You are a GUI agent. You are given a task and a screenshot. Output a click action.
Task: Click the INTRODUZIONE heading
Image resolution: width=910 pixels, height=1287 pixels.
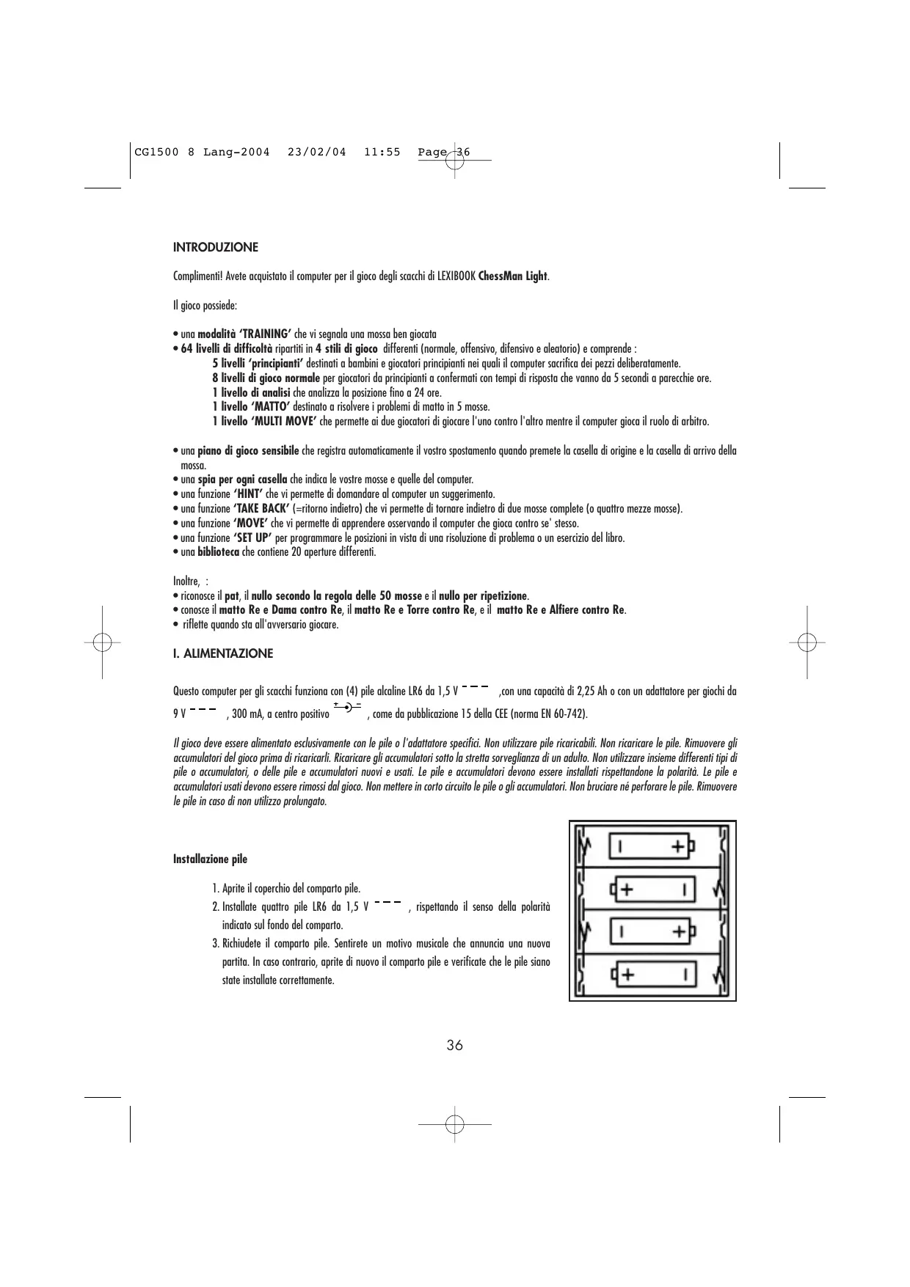pos(216,247)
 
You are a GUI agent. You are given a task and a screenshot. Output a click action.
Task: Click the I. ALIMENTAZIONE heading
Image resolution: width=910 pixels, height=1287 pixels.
pos(223,653)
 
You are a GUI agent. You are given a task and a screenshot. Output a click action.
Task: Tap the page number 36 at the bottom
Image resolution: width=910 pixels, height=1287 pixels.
pos(454,1045)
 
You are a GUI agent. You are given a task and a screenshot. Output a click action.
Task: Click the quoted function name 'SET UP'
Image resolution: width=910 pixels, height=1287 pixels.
pos(252,538)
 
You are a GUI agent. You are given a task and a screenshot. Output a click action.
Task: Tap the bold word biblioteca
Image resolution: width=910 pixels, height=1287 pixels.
pos(219,552)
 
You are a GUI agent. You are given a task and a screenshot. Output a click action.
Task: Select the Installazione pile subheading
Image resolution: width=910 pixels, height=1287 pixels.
pos(210,859)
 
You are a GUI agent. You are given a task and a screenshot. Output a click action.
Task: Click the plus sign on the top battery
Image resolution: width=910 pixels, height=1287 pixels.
pos(680,847)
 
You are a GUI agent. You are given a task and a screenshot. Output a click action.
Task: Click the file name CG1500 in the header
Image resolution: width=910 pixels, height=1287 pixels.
pos(155,153)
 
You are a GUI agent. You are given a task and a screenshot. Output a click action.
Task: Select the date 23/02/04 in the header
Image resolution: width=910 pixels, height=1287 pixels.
pos(316,153)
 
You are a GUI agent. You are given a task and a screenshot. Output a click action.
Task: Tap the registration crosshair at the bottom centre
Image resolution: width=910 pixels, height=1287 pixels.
pos(454,1124)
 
